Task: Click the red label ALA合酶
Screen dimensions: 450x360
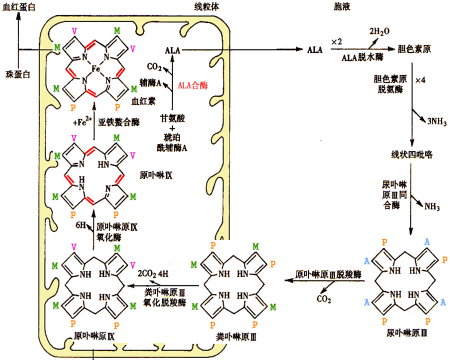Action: coord(192,85)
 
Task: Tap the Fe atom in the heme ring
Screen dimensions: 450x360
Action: coord(96,69)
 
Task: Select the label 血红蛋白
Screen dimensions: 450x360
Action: coord(18,7)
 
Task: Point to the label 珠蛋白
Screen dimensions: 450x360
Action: coord(18,74)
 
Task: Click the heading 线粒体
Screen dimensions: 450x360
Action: coord(206,6)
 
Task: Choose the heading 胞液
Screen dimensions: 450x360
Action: coord(342,6)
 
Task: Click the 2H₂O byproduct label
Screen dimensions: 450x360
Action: coord(379,31)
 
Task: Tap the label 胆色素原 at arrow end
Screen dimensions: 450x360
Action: coord(414,49)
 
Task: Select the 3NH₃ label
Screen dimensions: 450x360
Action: coord(437,121)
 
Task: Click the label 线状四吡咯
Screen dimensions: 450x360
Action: coord(412,154)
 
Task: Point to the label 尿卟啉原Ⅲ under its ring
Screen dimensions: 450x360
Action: coord(406,333)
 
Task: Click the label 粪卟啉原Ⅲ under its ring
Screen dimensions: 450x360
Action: coord(236,336)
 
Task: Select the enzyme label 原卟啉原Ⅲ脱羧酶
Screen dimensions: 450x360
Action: coord(328,274)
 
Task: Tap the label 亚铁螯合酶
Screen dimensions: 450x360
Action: coord(119,122)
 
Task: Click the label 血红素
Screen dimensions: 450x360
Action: coord(143,101)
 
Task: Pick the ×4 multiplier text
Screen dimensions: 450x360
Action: coord(420,80)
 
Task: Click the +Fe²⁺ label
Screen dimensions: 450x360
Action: coord(82,121)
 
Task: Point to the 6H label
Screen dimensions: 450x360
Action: coord(80,225)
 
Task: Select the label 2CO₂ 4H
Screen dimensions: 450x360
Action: coord(153,274)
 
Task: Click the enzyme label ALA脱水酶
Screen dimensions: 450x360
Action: coord(362,57)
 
